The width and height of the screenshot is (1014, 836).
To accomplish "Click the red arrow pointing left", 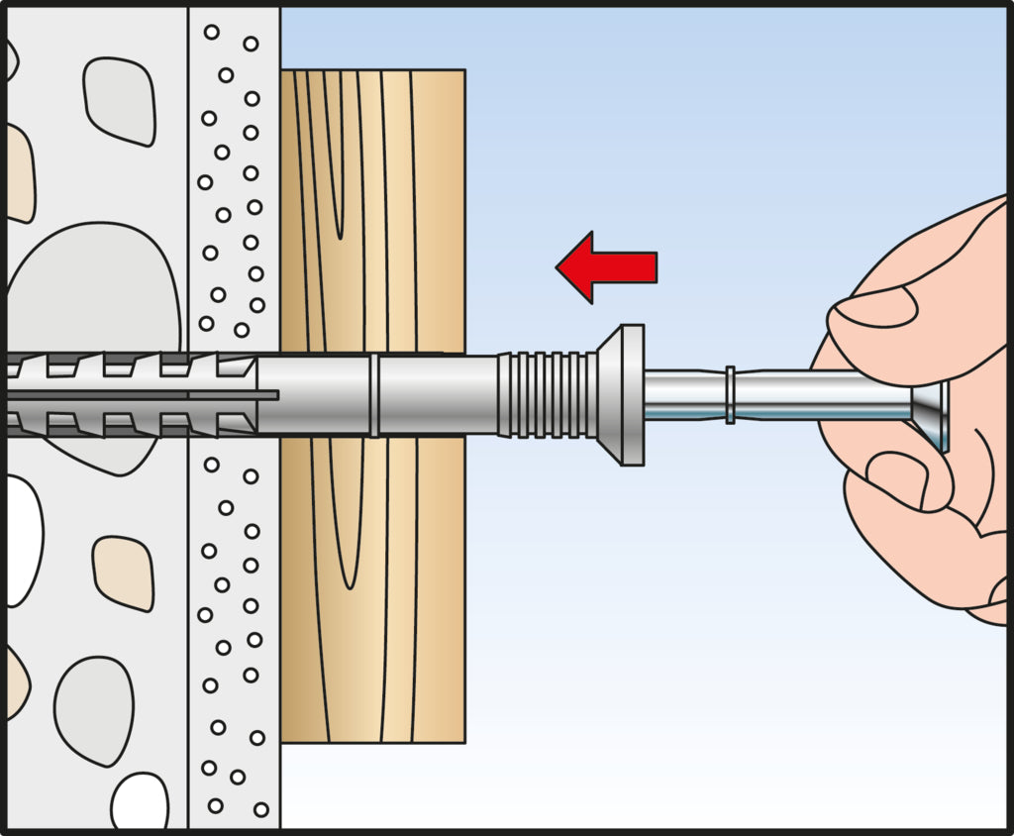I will click(606, 266).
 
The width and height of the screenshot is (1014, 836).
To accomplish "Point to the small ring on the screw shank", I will click(730, 395).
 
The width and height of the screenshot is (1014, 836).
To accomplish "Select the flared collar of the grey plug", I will click(624, 394).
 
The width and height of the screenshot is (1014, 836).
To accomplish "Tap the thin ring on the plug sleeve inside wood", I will click(373, 394).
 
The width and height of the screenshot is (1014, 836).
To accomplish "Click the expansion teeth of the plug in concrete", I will click(129, 394).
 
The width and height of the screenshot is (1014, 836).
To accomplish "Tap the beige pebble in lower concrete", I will click(124, 573).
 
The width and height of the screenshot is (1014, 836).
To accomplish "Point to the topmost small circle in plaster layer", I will click(211, 33).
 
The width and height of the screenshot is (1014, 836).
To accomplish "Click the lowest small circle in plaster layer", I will click(260, 809).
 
